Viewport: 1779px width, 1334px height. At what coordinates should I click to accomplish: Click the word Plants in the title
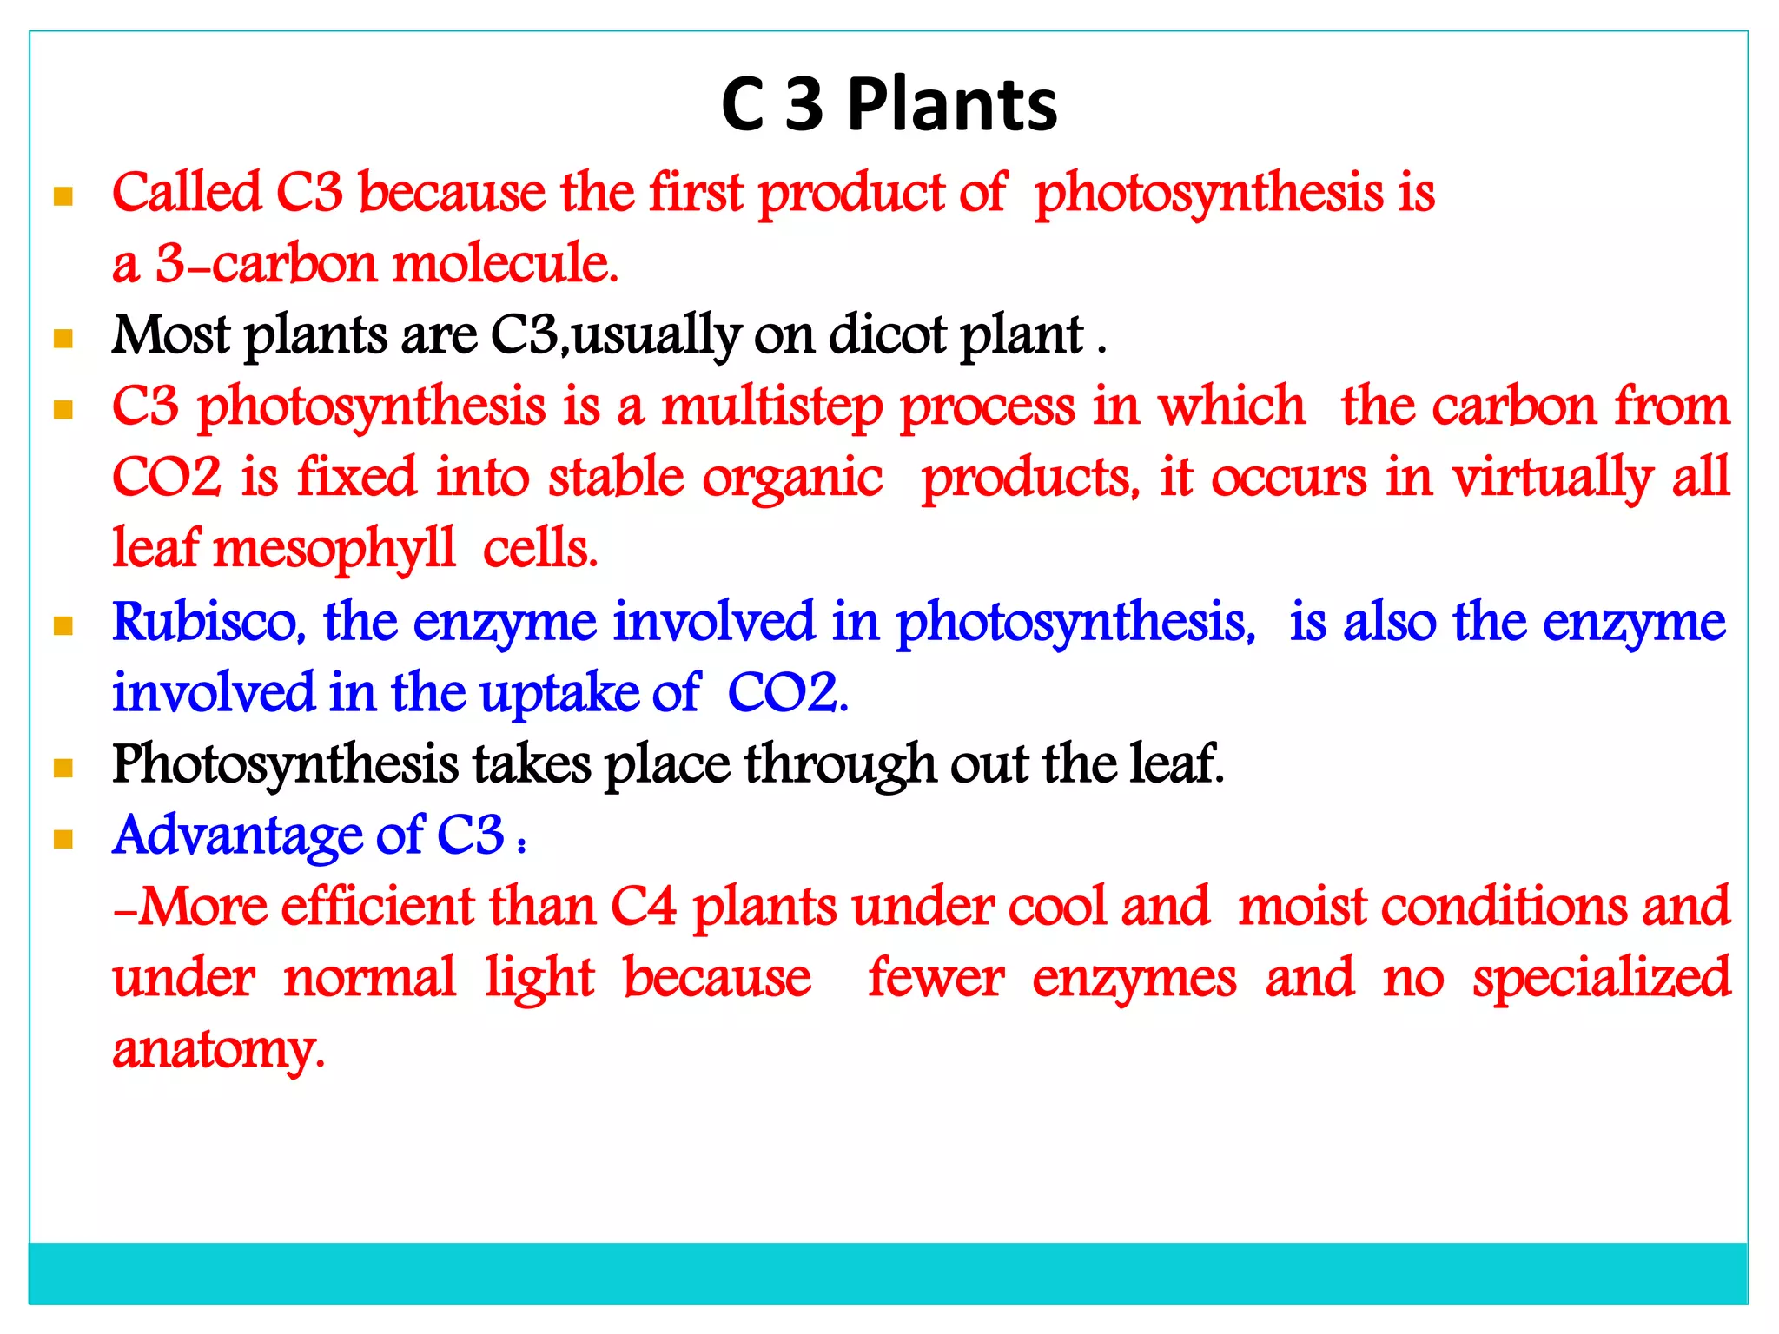click(x=952, y=105)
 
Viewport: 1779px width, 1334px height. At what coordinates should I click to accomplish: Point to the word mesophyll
click(x=334, y=550)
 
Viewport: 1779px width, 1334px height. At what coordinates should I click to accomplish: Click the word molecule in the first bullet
click(x=506, y=264)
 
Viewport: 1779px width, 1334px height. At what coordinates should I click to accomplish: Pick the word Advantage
click(x=237, y=835)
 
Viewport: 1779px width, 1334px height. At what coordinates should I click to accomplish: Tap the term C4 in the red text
click(x=644, y=907)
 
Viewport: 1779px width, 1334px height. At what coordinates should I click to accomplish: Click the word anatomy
click(x=219, y=1050)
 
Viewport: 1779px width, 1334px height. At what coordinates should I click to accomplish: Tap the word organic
click(x=792, y=479)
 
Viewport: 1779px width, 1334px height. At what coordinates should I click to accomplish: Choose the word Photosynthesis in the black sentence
click(x=286, y=765)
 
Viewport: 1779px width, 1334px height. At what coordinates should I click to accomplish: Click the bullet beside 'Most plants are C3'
click(x=63, y=338)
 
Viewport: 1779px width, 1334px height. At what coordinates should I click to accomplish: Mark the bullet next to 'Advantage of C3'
click(x=63, y=839)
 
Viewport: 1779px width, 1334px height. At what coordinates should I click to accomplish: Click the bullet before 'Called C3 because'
click(x=63, y=196)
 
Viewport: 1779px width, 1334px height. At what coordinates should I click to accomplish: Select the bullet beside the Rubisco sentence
click(x=63, y=625)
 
